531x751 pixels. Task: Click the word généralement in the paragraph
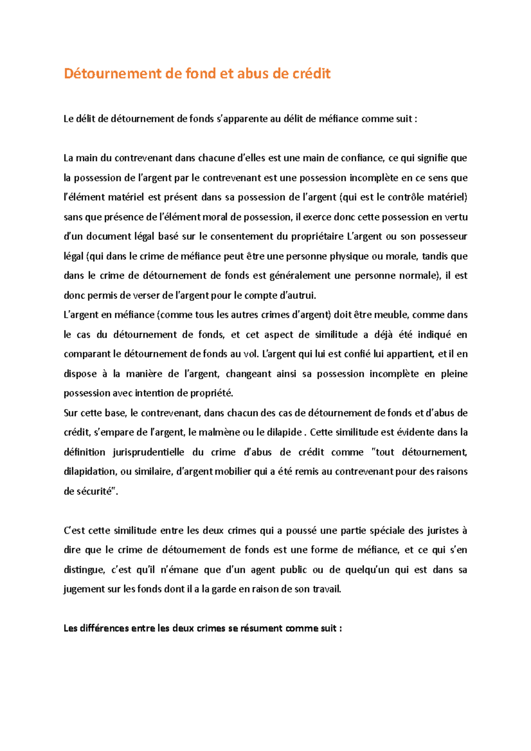300,276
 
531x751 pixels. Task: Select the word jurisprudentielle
148,452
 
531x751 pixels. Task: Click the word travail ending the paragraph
327,590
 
